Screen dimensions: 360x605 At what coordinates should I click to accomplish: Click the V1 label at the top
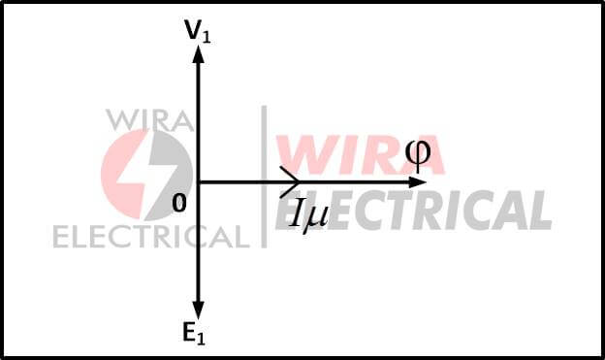(197, 31)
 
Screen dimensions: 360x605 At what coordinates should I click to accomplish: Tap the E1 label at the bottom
(194, 335)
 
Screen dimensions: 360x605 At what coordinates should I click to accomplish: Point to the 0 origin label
(177, 203)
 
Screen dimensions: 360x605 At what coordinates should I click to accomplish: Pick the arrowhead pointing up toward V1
(198, 53)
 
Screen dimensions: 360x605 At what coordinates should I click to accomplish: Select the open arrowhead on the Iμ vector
(291, 181)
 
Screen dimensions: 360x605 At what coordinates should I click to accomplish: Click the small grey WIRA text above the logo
(150, 119)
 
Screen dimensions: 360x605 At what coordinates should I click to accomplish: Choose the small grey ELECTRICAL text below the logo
(150, 236)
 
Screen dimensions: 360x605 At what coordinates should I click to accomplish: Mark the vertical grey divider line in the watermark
(264, 175)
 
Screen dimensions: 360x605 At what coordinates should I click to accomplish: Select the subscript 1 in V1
(206, 36)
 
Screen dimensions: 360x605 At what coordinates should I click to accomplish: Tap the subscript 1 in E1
(202, 340)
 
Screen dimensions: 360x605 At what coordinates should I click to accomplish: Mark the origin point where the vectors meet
(198, 181)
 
